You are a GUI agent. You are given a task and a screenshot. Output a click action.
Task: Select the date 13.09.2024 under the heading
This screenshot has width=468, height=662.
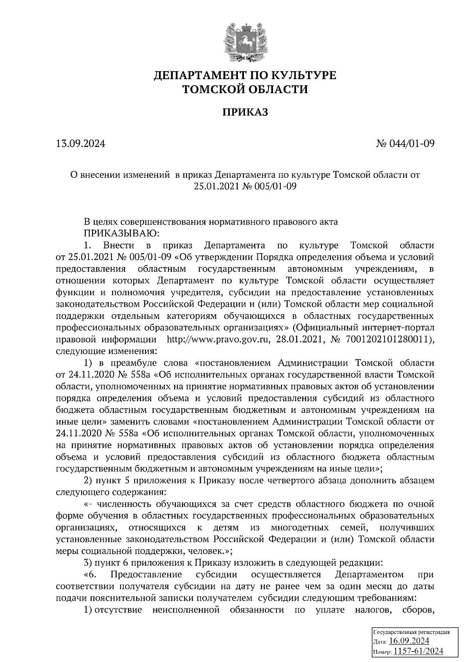click(81, 144)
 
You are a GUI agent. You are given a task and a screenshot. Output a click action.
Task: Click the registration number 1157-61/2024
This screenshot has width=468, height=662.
click(418, 651)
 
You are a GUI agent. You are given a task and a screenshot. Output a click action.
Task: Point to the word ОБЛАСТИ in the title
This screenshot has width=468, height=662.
click(274, 90)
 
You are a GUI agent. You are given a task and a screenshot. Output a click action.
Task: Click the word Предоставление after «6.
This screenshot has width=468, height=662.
click(147, 575)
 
